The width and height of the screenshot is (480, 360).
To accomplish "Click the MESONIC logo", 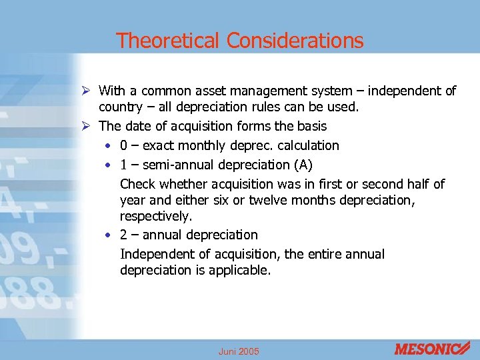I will coord(432,349).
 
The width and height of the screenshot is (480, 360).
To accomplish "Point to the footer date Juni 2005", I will coord(238,351).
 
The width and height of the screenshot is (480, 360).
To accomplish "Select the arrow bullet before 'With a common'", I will coord(88,90).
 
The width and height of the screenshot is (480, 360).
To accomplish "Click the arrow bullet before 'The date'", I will coord(88,126).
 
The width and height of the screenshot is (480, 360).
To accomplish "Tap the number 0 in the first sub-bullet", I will coord(124,145).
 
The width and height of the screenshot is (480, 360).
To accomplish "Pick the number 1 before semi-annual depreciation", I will coord(124,164).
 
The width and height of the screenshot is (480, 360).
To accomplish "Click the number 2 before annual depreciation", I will coord(124,235).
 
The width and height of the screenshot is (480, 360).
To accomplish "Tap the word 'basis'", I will coord(312,126).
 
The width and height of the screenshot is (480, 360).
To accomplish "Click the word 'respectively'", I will coord(155,217).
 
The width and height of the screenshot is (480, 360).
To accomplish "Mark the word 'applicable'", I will coord(238,271).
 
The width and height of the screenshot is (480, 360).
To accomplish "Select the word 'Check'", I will coord(138,184).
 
